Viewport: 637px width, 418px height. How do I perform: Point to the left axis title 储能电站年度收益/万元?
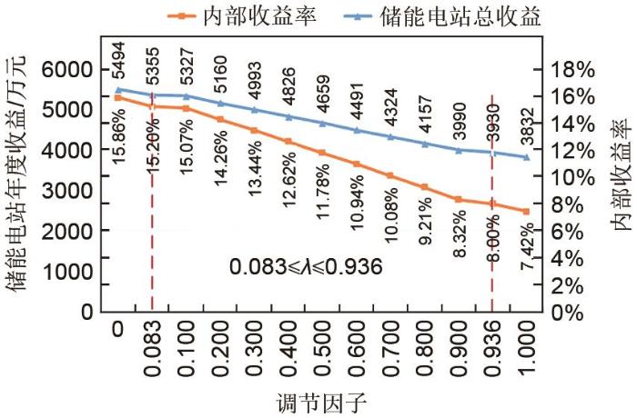click(22, 173)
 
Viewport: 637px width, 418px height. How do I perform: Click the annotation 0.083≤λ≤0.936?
click(305, 267)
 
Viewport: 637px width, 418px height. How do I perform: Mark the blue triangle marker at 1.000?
click(525, 157)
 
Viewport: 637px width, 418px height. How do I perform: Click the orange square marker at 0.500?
click(322, 152)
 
